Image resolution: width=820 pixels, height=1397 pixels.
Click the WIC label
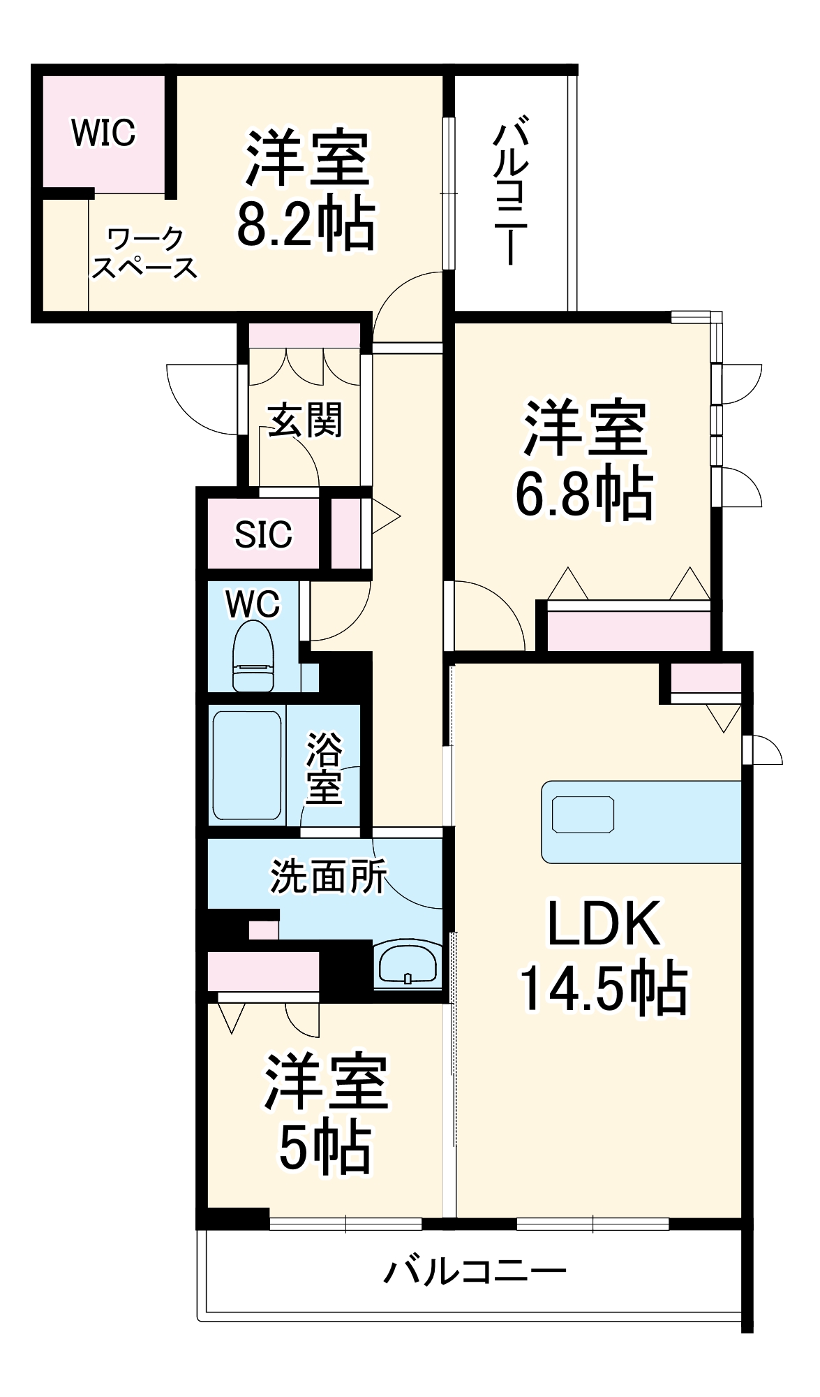click(x=103, y=132)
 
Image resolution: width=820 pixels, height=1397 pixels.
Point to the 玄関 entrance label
click(x=306, y=421)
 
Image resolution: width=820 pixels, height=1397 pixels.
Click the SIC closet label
click(x=263, y=535)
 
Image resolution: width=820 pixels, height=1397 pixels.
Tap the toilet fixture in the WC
click(x=253, y=657)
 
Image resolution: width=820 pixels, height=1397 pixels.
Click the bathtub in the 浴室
click(x=246, y=765)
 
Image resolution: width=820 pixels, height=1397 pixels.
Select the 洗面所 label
click(x=328, y=876)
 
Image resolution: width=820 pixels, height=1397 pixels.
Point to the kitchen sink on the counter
click(x=583, y=814)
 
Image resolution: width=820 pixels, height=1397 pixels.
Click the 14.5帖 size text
click(x=604, y=988)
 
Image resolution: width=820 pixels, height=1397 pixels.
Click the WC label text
click(x=253, y=604)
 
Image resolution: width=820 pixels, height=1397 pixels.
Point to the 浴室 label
click(x=324, y=768)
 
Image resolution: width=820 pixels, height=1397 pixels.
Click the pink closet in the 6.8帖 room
click(x=628, y=631)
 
